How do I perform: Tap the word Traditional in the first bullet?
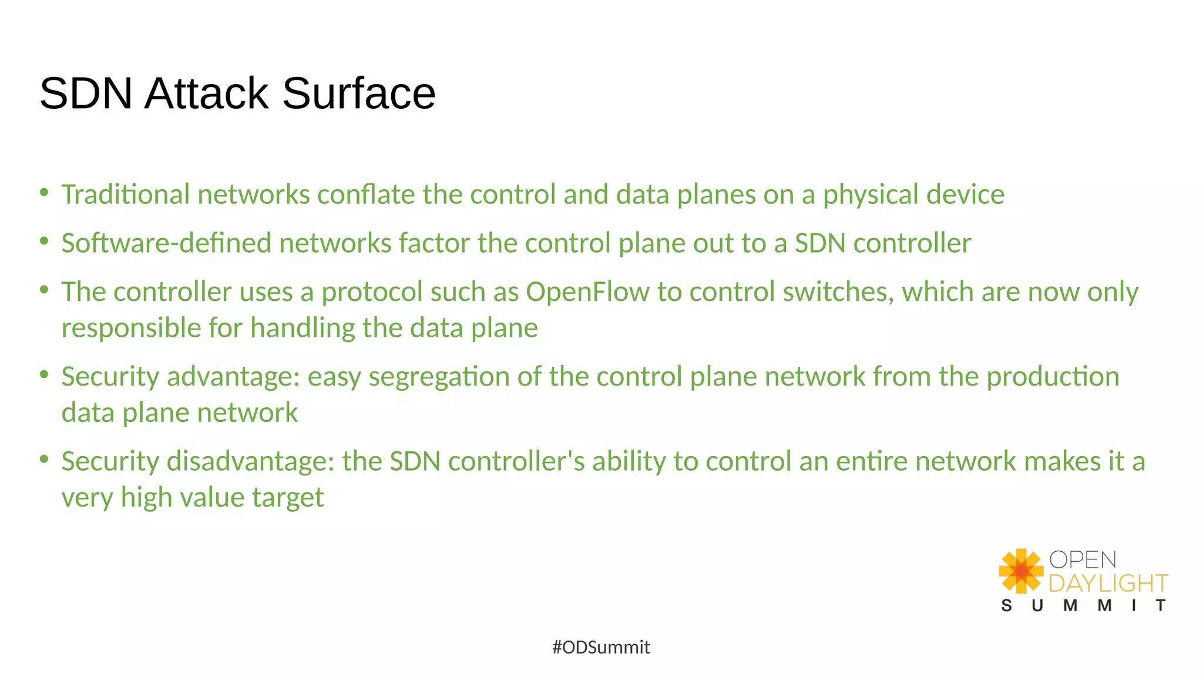(126, 195)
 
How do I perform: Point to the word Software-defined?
(166, 243)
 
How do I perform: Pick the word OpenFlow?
(587, 292)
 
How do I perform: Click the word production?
(1053, 377)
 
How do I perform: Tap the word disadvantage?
(251, 461)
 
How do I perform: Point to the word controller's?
(516, 461)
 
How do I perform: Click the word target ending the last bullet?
(288, 498)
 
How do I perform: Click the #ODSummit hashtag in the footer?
(601, 648)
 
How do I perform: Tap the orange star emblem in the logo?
(1021, 571)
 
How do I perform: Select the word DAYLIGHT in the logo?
(1108, 584)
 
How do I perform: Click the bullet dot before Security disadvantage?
(44, 459)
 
